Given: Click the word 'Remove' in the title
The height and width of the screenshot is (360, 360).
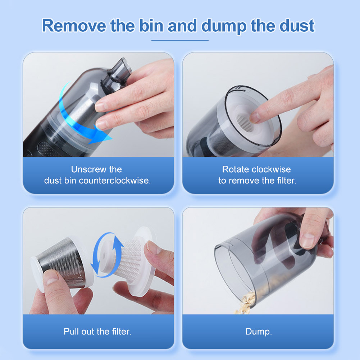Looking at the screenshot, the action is pyautogui.click(x=74, y=26).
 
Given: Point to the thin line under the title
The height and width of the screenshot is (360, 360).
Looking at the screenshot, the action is pyautogui.click(x=180, y=40).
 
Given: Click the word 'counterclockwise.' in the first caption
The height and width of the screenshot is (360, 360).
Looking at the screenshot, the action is pyautogui.click(x=115, y=181).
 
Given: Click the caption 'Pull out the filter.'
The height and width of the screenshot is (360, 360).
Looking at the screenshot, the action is pyautogui.click(x=97, y=332).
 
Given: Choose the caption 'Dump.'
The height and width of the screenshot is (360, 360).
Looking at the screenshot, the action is pyautogui.click(x=259, y=332).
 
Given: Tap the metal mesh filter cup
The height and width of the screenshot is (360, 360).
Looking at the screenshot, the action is pyautogui.click(x=61, y=262).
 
